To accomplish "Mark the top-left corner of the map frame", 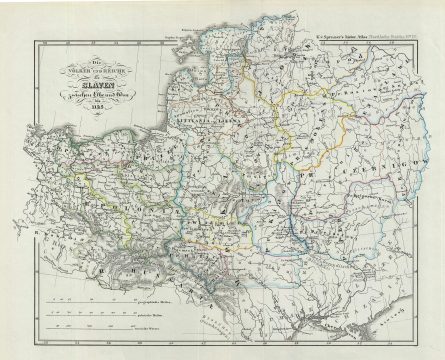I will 34,42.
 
